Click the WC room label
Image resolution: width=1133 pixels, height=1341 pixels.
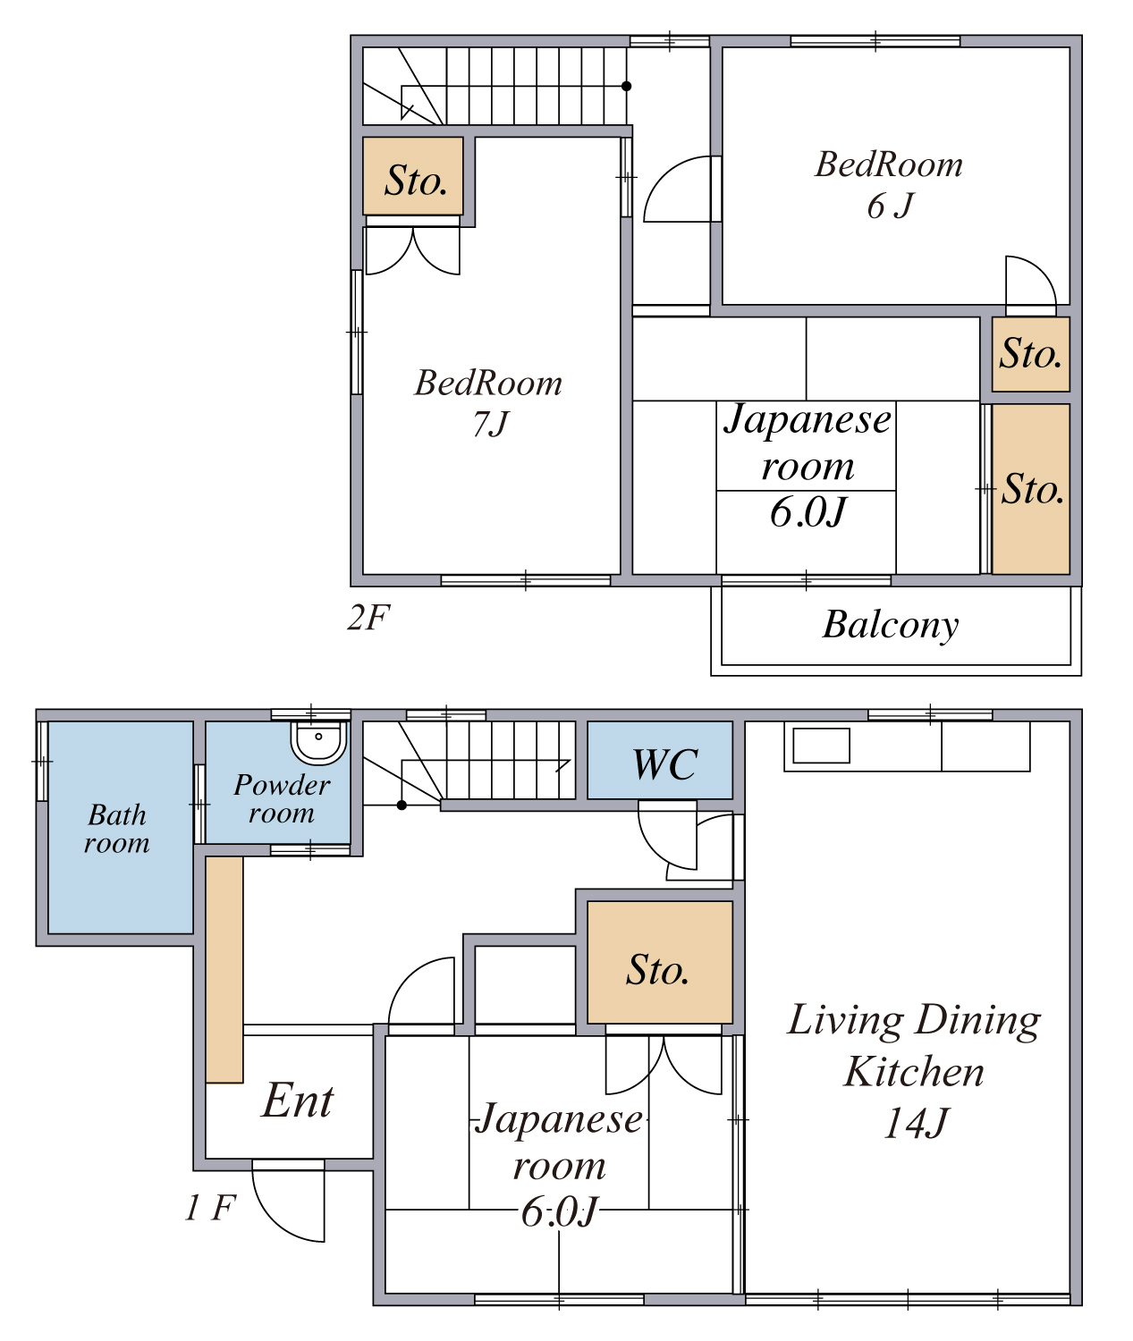click(x=664, y=764)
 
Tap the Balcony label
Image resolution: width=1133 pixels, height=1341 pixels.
click(x=891, y=625)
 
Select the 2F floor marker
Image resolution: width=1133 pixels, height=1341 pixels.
click(x=368, y=618)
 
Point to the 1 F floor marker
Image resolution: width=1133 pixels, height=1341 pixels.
click(x=211, y=1208)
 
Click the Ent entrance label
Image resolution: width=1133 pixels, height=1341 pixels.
click(x=298, y=1101)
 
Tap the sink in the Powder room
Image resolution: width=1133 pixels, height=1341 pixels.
click(x=318, y=743)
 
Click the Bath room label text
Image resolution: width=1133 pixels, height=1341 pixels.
click(x=117, y=829)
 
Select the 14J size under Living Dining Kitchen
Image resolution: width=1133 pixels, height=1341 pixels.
click(x=916, y=1123)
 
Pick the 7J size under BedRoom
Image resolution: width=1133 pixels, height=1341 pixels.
click(x=491, y=424)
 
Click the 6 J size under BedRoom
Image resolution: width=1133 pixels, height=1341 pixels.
click(x=891, y=207)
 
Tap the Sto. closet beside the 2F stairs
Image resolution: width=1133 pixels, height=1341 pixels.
click(x=413, y=175)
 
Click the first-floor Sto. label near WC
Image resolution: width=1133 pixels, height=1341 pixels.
click(x=657, y=970)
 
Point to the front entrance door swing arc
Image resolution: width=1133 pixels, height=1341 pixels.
click(x=273, y=1221)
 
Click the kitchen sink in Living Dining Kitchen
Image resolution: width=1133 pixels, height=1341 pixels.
click(x=821, y=746)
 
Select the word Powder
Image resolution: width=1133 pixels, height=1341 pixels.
click(x=282, y=785)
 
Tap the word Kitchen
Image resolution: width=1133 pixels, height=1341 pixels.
click(x=913, y=1072)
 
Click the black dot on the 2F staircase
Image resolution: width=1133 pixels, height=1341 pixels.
click(x=626, y=86)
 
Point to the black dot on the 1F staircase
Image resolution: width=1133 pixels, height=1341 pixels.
click(x=402, y=805)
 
